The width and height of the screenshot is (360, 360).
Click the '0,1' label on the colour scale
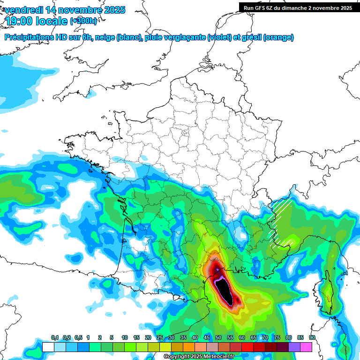pyautogui.click(x=55, y=338)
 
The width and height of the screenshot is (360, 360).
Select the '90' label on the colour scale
pyautogui.click(x=312, y=338)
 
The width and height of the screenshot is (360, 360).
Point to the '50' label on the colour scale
pyautogui.click(x=218, y=338)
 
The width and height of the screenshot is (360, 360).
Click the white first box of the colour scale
pyautogui.click(x=48, y=347)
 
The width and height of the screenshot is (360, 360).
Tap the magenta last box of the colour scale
pyautogui.click(x=306, y=347)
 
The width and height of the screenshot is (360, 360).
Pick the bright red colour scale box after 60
pyautogui.click(x=247, y=347)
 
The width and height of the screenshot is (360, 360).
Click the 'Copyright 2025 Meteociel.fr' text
pyautogui.click(x=199, y=357)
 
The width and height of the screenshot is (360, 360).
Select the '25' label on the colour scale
pyautogui.click(x=160, y=338)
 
